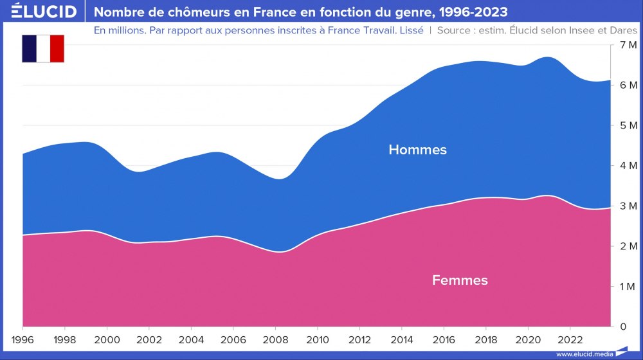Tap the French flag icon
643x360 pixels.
tap(43, 49)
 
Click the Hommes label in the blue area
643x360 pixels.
tap(417, 150)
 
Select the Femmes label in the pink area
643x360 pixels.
tap(460, 280)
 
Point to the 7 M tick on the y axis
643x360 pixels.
tap(628, 44)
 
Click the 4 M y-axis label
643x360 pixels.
tap(628, 166)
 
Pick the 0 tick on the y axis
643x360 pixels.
tap(622, 327)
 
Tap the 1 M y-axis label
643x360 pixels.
tap(628, 287)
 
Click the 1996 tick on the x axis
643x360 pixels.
tap(23, 339)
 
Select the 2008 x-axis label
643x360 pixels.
tap(276, 339)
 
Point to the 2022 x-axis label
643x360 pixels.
tap(570, 339)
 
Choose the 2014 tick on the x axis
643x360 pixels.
tap(402, 339)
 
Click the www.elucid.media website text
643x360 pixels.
tap(583, 354)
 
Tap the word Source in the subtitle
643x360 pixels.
tap(453, 30)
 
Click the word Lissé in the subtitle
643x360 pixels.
tap(410, 30)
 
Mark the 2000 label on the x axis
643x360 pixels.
tap(107, 339)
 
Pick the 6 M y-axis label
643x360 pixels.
tap(628, 85)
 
